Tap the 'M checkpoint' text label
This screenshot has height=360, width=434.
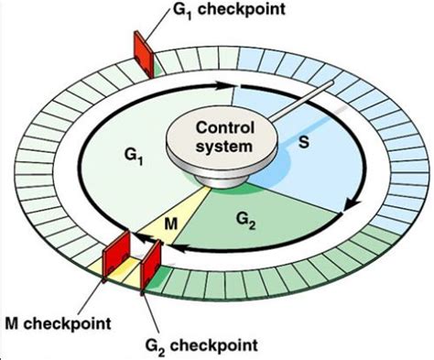tap(56, 322)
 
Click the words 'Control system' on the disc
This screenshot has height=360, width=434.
tap(218, 136)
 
